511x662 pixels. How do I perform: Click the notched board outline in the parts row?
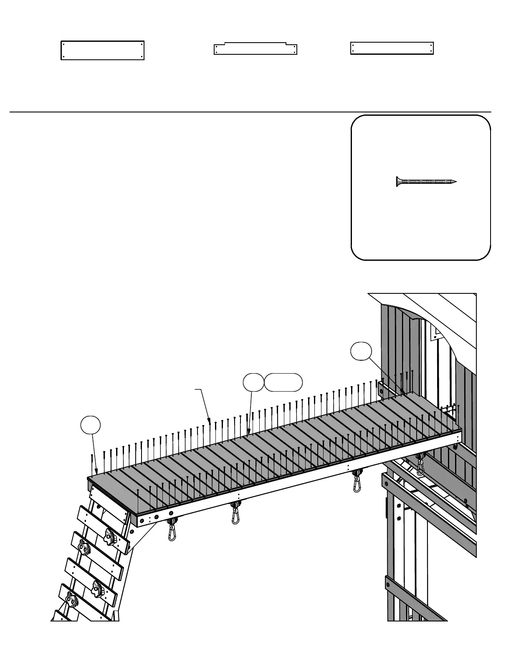click(x=255, y=49)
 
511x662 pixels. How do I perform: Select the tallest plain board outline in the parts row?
click(x=103, y=51)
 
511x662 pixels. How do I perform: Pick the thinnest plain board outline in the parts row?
click(x=392, y=48)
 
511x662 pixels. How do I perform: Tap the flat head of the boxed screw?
click(x=397, y=181)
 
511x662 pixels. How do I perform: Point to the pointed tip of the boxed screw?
click(x=455, y=181)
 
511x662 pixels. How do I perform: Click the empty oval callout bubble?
click(x=283, y=382)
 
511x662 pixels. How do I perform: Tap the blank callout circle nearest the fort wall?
click(x=361, y=351)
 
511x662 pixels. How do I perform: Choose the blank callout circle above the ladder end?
click(x=90, y=425)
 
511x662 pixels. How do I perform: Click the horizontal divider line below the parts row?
click(x=250, y=112)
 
